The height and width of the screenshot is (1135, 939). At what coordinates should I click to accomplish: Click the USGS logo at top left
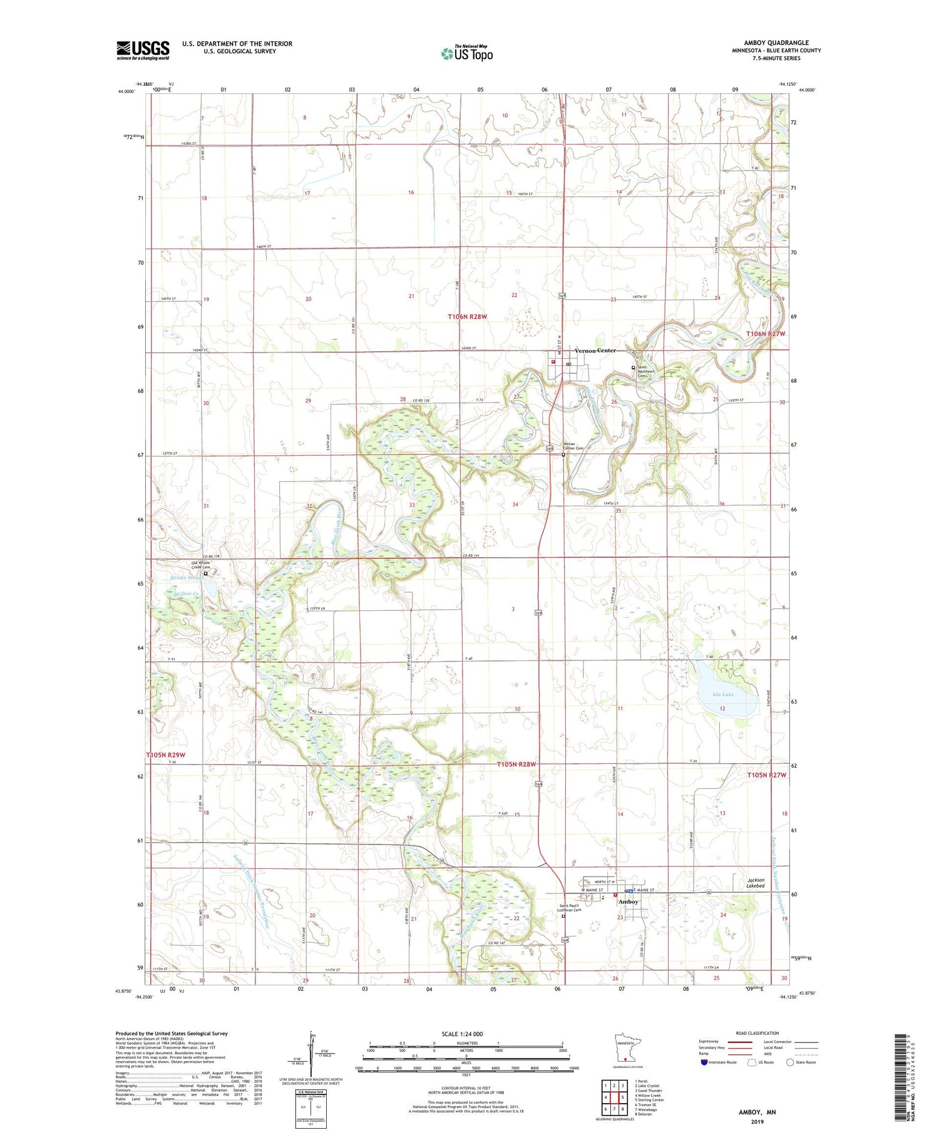(x=143, y=50)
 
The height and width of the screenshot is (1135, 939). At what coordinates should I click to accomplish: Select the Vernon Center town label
(x=595, y=351)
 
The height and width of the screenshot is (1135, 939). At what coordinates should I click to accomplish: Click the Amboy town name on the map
(x=628, y=901)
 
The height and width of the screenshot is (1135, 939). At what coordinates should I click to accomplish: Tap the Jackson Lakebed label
(x=755, y=883)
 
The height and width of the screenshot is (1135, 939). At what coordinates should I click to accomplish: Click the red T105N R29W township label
(x=166, y=755)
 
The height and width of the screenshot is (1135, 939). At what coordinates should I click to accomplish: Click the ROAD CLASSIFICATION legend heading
(x=757, y=1033)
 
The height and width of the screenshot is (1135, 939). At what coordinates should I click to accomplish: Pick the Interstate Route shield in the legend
(x=704, y=1062)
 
